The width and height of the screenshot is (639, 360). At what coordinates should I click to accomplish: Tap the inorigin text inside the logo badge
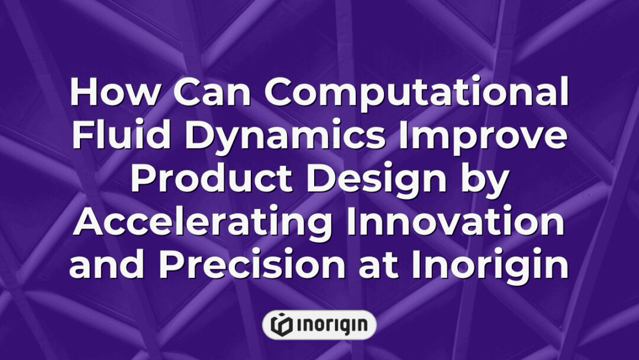[x=327, y=324]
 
